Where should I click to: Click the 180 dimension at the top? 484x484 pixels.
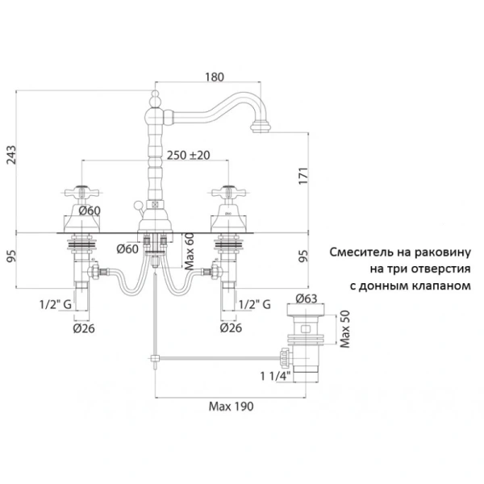tap(215, 77)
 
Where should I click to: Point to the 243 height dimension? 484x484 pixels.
tap(11, 155)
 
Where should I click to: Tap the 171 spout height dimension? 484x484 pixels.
tap(303, 176)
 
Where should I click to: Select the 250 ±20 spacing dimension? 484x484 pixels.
tap(188, 155)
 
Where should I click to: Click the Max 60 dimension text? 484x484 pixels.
tap(189, 251)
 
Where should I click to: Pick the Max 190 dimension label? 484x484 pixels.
tap(232, 407)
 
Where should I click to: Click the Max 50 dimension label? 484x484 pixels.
tap(344, 329)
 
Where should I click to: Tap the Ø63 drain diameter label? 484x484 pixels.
tap(307, 298)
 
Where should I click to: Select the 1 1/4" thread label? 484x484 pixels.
tap(275, 376)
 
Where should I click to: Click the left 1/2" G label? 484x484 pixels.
tap(56, 305)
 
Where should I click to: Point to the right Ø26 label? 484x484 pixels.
tap(231, 328)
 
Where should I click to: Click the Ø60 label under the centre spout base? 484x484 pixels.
tap(127, 248)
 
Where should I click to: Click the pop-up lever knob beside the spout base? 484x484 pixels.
tap(138, 205)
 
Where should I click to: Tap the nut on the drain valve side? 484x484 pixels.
tap(286, 358)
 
